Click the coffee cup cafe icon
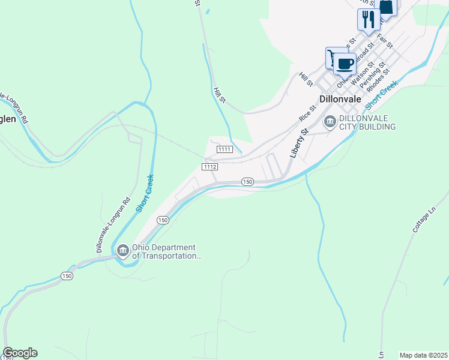(x=345, y=63)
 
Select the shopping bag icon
(x=387, y=7)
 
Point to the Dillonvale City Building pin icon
(x=330, y=122)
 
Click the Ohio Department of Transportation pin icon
(x=122, y=250)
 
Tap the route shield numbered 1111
(x=225, y=149)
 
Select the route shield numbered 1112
(x=209, y=166)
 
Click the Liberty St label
(x=298, y=142)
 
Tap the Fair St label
(x=385, y=41)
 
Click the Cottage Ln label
(x=424, y=221)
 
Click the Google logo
(x=20, y=353)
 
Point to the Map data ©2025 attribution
(x=423, y=355)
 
